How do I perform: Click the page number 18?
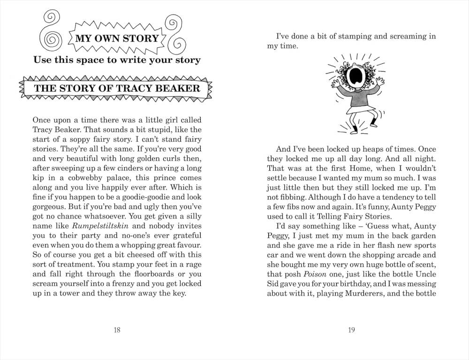(x=117, y=330)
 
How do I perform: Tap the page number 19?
(x=351, y=330)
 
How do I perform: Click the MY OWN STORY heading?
(x=117, y=38)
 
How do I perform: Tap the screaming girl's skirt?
(x=355, y=112)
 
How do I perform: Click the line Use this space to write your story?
(x=117, y=60)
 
